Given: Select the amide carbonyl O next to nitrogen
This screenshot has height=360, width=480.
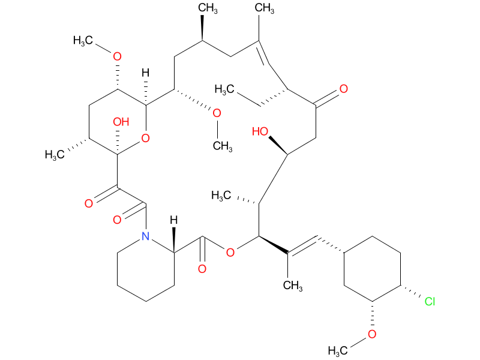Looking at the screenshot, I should click(118, 220).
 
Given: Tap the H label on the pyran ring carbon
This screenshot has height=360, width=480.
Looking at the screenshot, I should click(145, 73).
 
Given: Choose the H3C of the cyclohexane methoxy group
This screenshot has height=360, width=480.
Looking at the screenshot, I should click(340, 350).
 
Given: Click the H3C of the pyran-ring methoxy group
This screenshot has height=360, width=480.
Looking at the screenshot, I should click(86, 41).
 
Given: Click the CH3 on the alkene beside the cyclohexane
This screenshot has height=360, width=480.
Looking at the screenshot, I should click(292, 284).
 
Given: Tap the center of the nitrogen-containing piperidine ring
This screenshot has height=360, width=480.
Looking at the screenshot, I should click(145, 268).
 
